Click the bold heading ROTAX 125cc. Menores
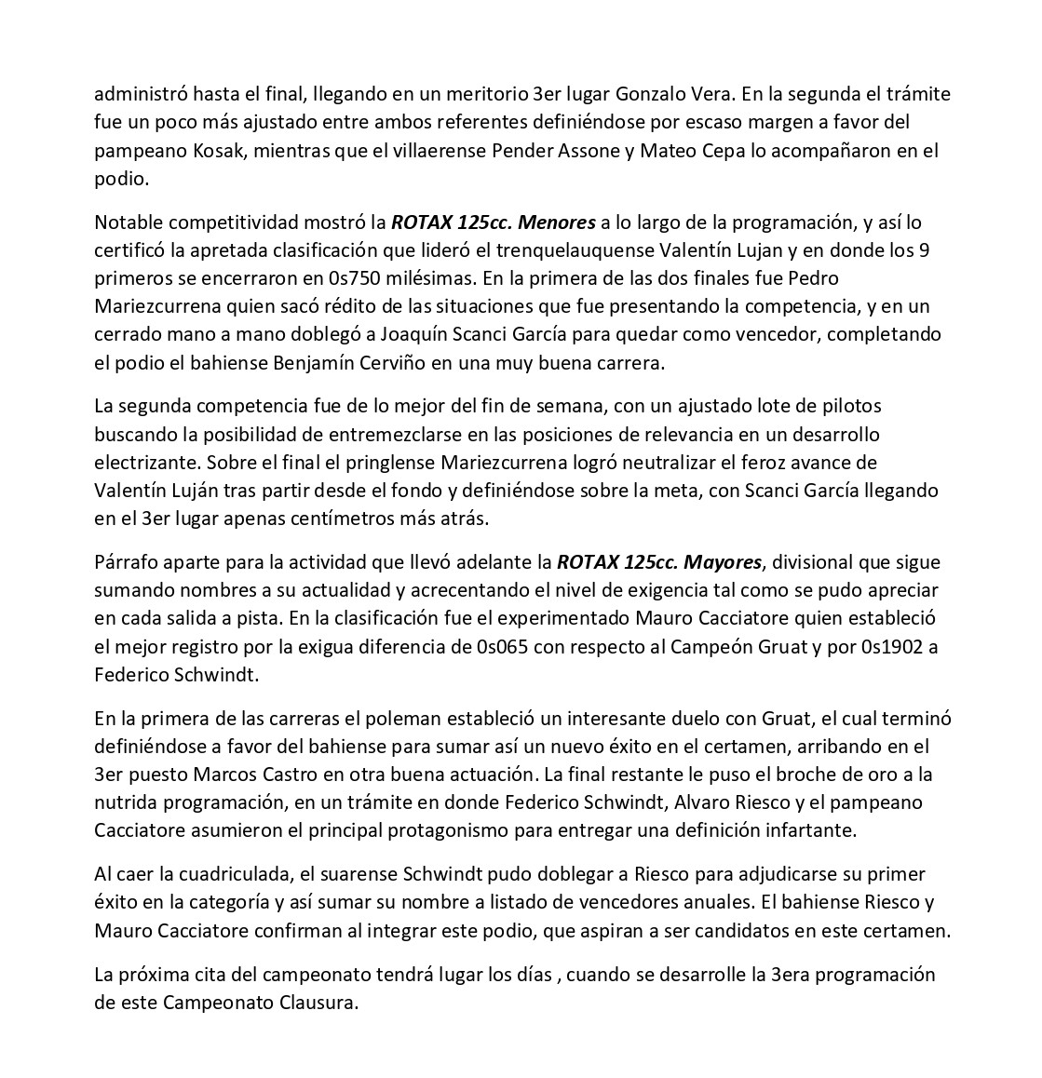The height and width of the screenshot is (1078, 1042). click(493, 222)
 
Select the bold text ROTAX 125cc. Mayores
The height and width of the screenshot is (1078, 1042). click(659, 562)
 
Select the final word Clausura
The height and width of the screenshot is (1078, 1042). click(316, 1003)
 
